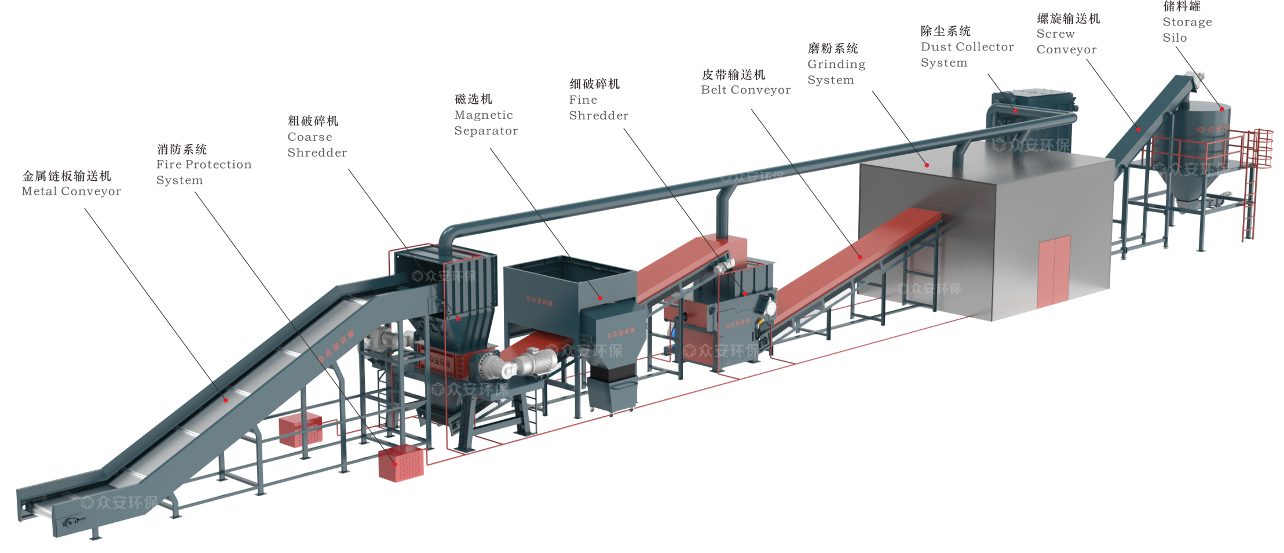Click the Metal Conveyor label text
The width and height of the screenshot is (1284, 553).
click(x=71, y=184)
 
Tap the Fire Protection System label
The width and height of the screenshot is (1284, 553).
click(x=203, y=165)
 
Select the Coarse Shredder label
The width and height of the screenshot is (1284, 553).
click(x=317, y=137)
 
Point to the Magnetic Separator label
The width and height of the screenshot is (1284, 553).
click(x=485, y=115)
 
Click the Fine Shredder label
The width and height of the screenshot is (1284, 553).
click(x=598, y=100)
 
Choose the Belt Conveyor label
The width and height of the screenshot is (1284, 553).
click(x=745, y=82)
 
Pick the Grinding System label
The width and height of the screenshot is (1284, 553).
click(x=836, y=64)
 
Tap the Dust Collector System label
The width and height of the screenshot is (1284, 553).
click(x=967, y=47)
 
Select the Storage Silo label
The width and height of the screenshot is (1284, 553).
click(x=1187, y=22)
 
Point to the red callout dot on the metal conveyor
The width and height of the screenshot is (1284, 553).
click(x=226, y=399)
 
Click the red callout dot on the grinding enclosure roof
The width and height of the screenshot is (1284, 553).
click(x=927, y=165)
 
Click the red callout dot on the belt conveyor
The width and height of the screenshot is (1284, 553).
click(x=860, y=257)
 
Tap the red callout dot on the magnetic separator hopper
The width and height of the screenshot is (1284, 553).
click(x=601, y=298)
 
